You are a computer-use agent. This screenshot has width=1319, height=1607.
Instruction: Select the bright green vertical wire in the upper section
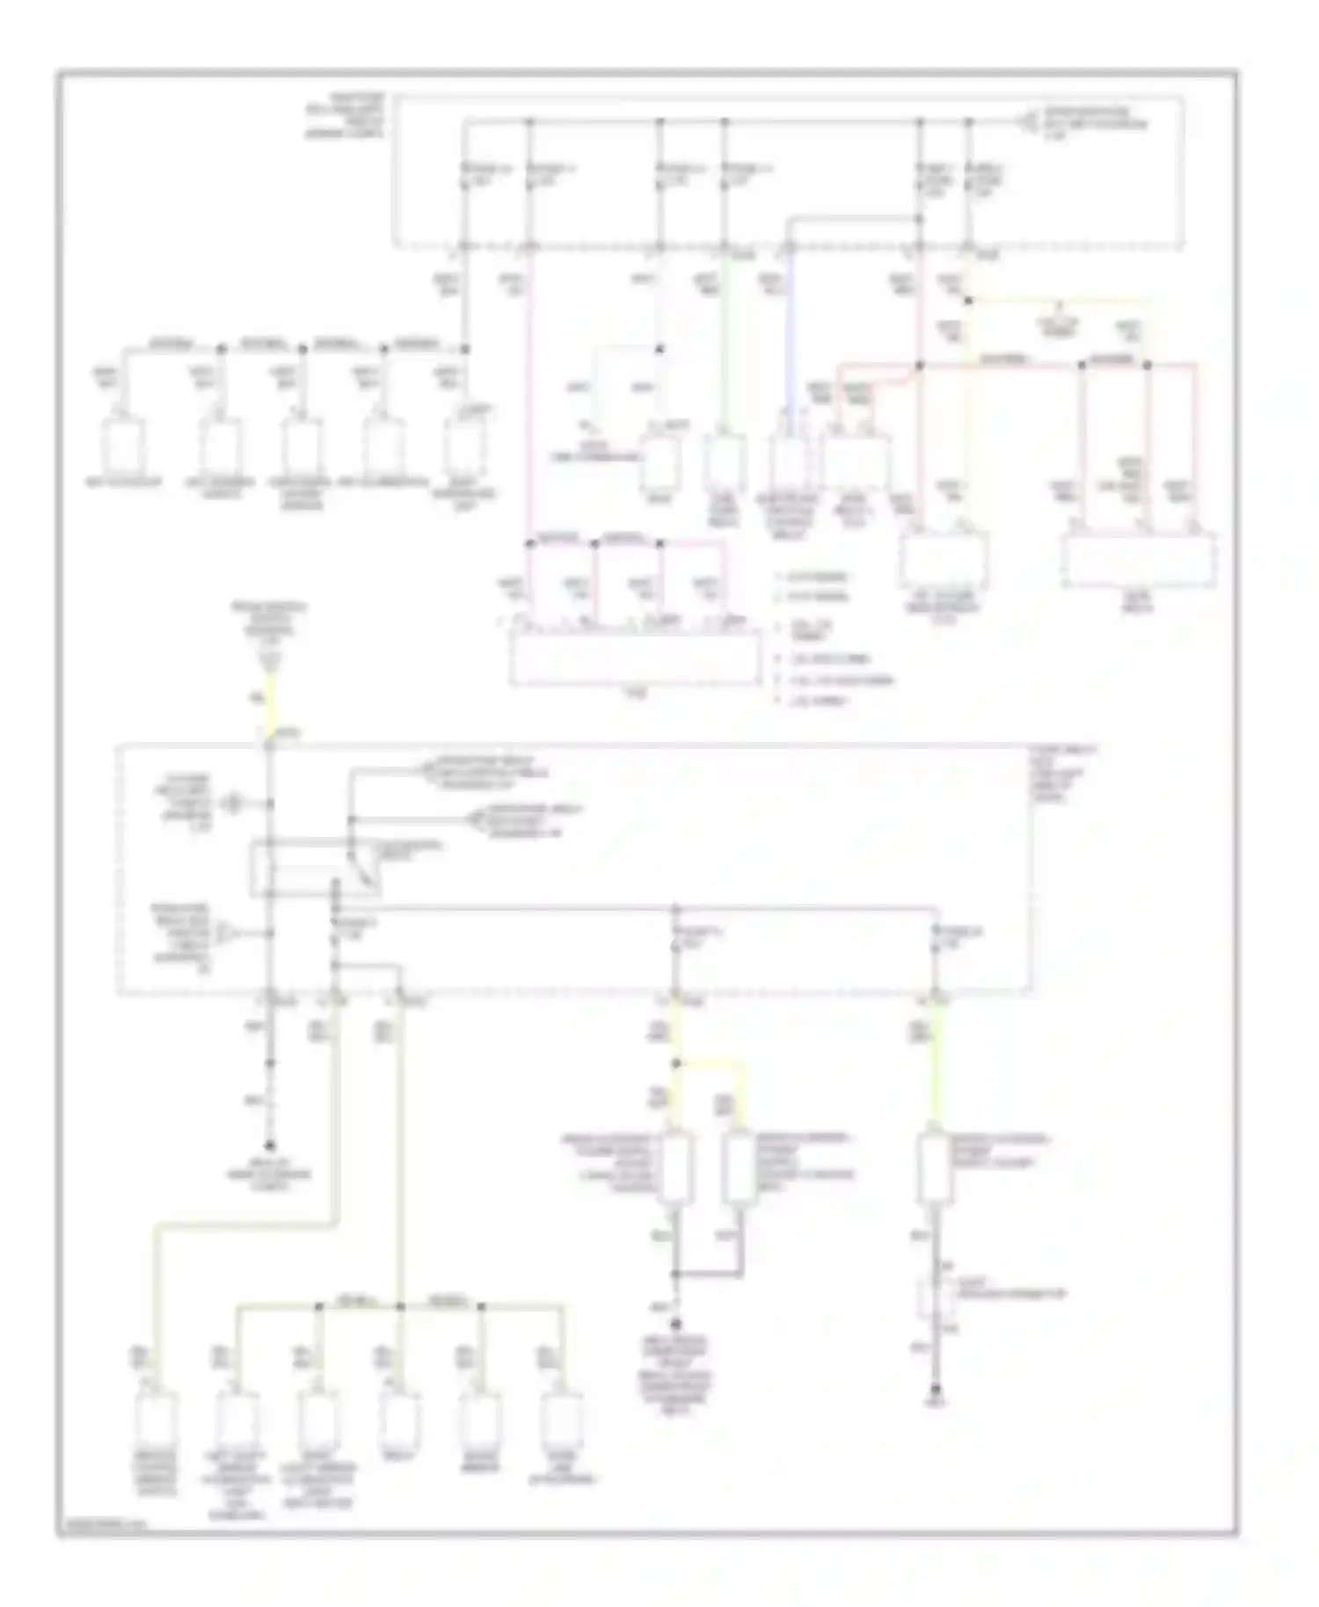point(725,352)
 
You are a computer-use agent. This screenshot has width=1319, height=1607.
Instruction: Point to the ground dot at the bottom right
point(936,1391)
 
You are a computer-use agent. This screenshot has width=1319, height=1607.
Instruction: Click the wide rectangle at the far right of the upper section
point(1139,561)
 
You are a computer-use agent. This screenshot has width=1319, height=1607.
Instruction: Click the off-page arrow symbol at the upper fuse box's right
point(1027,120)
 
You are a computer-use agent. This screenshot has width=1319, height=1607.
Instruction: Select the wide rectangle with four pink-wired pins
point(636,658)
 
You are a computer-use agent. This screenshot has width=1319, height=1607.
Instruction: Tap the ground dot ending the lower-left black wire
point(270,1146)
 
